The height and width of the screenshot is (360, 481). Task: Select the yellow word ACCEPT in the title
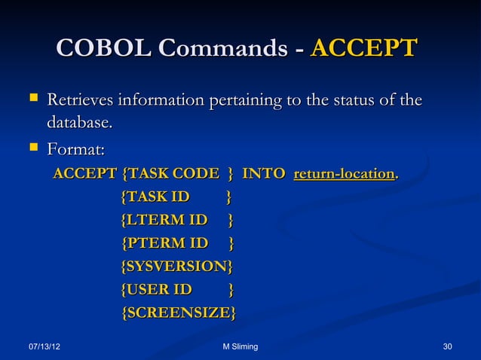(x=363, y=50)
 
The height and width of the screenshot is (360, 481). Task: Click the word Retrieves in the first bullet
(x=84, y=101)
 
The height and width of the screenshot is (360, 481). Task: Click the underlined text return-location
(x=344, y=175)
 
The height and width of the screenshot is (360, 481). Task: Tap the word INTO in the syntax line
(x=263, y=175)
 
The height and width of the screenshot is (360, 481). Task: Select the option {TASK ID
(x=156, y=198)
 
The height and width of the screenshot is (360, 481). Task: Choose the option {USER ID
(x=157, y=290)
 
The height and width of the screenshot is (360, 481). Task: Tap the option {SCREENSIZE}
(x=178, y=313)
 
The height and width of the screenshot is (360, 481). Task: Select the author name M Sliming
(x=236, y=346)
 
